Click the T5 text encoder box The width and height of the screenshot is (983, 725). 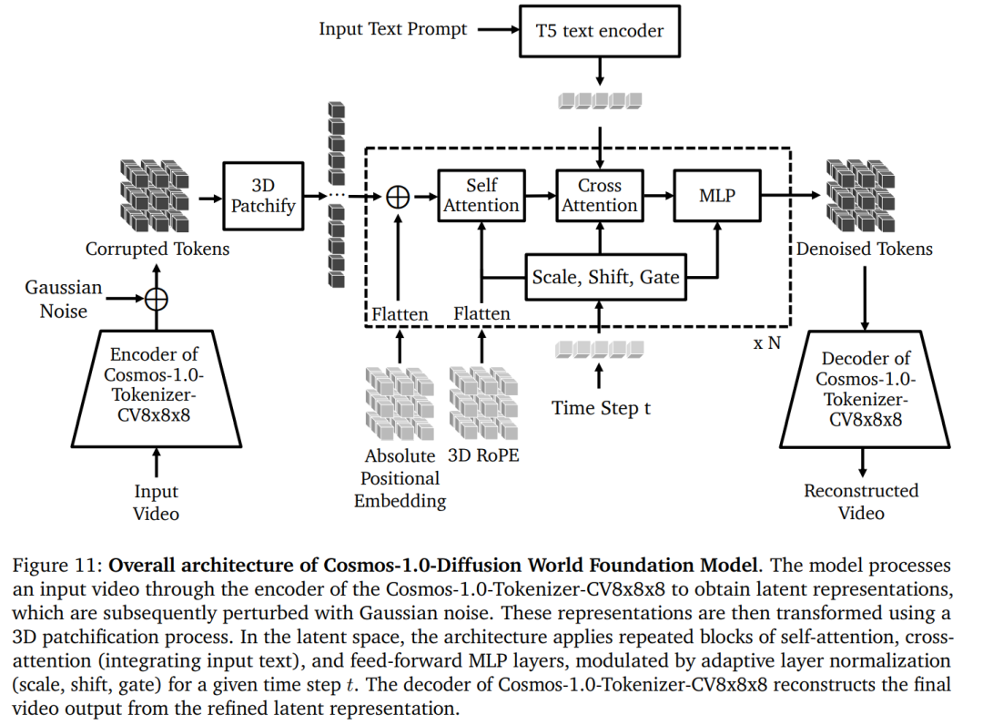tap(598, 31)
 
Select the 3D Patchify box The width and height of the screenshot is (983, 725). tap(263, 196)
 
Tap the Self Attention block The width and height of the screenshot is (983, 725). tap(481, 195)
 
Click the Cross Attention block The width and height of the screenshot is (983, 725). tap(599, 195)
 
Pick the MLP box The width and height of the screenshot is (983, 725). tap(717, 195)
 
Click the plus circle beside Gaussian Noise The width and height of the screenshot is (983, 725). tap(157, 298)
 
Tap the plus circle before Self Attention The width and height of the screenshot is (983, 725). tap(398, 196)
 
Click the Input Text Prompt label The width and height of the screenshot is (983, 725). tap(392, 29)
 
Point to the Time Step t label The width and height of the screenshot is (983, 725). tap(601, 408)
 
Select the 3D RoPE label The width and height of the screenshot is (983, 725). tap(484, 455)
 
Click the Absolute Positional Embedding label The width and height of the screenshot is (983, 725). tap(400, 478)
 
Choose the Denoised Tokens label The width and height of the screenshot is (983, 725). tap(864, 249)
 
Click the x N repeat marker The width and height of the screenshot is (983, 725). tap(767, 343)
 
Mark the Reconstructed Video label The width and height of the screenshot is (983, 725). tap(861, 502)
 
